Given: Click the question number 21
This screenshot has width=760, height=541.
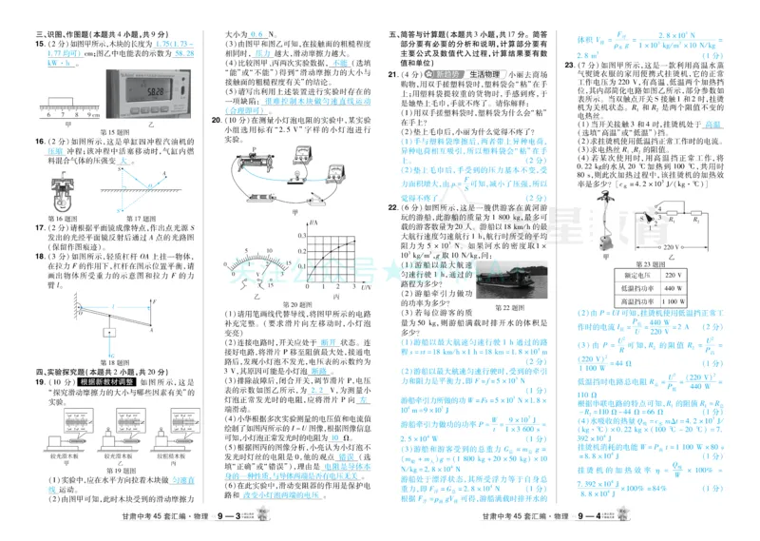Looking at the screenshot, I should (x=393, y=73).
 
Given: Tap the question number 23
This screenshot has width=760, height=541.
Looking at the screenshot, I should (x=569, y=65).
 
